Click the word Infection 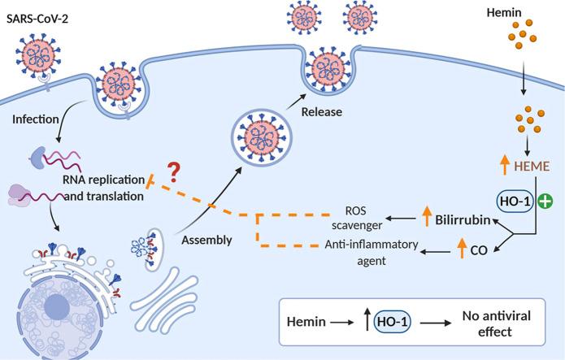pos(36,119)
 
